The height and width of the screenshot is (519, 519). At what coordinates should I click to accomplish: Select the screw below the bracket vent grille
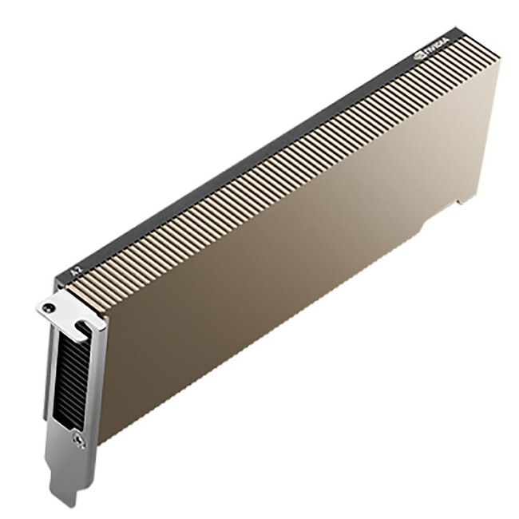(x=77, y=438)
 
